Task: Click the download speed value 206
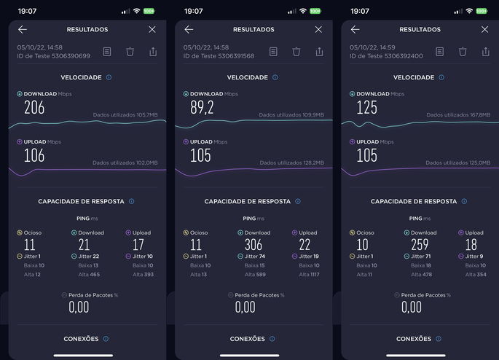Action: click(x=34, y=108)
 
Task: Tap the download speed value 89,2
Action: click(x=202, y=108)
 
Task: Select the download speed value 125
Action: click(x=367, y=108)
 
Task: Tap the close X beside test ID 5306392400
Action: click(x=484, y=30)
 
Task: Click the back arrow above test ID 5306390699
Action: click(x=23, y=30)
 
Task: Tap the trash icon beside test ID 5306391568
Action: click(x=296, y=52)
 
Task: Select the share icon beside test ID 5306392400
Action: click(x=486, y=52)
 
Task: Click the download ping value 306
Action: click(x=253, y=245)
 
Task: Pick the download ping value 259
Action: click(x=419, y=245)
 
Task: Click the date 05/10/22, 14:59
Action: click(x=372, y=47)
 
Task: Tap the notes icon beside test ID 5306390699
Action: click(x=107, y=52)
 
